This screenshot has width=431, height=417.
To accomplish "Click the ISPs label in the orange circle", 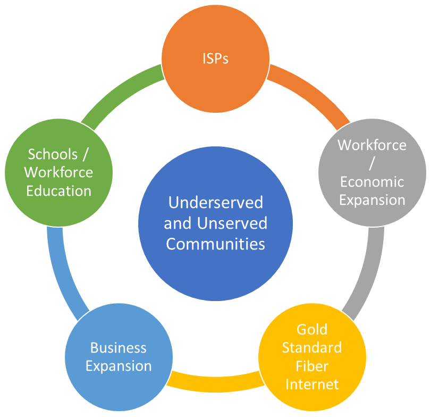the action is [216, 59].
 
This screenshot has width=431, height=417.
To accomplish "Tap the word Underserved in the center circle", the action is [216, 203].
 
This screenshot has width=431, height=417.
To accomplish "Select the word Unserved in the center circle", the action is [232, 223].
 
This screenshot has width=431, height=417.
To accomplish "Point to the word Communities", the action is [216, 244].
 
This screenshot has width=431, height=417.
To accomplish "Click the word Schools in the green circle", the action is [53, 154].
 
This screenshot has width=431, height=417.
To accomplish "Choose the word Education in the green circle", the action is [59, 191].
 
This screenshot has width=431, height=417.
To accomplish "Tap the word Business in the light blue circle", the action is [119, 348].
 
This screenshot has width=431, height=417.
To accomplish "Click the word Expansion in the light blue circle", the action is [119, 366].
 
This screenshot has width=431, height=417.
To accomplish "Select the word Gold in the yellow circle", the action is [312, 329].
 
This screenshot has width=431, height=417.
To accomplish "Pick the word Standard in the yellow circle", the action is [312, 348].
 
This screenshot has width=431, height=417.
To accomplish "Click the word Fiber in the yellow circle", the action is [312, 366].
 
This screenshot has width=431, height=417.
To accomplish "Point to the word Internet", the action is [312, 384].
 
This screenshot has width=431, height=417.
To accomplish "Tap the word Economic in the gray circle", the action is [372, 182].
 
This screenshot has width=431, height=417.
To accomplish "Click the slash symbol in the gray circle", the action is [372, 163].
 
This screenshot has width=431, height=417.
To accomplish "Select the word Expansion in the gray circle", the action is [372, 200].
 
